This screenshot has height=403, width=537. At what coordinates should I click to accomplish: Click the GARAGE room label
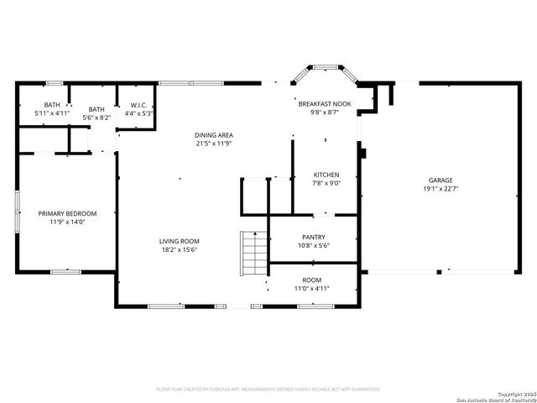click(x=441, y=181)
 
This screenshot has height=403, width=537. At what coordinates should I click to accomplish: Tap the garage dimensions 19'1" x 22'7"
click(x=441, y=189)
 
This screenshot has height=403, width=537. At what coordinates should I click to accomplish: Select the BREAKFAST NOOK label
click(x=324, y=102)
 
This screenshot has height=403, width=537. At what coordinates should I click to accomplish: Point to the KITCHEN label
click(x=326, y=175)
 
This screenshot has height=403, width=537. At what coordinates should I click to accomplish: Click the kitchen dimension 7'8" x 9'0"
click(x=326, y=183)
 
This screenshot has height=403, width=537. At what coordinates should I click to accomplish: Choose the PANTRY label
click(x=314, y=237)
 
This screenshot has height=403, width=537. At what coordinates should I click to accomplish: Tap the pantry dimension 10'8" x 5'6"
click(x=314, y=246)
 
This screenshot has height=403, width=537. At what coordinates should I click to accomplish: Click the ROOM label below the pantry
click(x=312, y=280)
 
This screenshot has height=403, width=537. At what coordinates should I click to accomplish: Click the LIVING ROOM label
click(x=180, y=241)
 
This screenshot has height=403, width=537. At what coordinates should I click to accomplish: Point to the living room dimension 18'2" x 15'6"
click(x=180, y=249)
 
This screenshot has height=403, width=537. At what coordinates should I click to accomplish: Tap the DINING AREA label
click(x=214, y=135)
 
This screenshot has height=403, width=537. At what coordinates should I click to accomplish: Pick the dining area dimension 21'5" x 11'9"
click(x=214, y=144)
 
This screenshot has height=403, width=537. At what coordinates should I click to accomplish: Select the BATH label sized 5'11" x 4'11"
click(x=52, y=104)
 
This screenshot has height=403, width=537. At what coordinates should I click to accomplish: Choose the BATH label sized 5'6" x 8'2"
click(x=97, y=109)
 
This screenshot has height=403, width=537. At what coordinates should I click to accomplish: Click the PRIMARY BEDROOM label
click(x=68, y=213)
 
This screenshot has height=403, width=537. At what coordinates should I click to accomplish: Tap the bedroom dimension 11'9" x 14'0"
click(x=68, y=222)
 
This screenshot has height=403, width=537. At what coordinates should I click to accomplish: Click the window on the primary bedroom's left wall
click(x=18, y=212)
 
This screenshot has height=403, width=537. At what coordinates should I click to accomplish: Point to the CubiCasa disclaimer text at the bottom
click(x=268, y=389)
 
